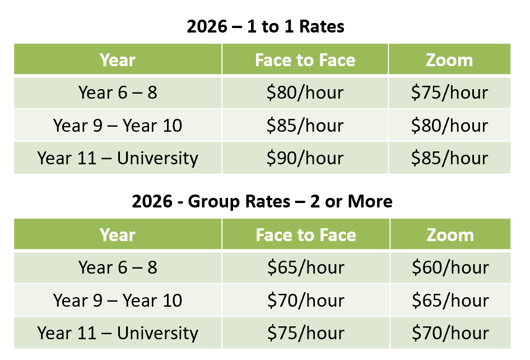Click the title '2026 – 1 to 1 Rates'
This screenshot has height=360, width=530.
(x=265, y=27)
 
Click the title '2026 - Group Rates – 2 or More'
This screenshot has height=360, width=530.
(x=262, y=202)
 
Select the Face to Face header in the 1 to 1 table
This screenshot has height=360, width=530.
(x=305, y=60)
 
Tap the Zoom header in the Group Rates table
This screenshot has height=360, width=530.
(x=450, y=235)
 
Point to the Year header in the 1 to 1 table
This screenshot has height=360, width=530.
(x=118, y=60)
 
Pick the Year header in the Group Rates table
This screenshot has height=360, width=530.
(x=118, y=235)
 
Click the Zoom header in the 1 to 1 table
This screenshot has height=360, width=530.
(x=449, y=60)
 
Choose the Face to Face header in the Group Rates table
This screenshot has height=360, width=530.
(x=306, y=235)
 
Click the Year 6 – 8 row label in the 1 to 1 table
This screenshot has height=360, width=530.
(x=118, y=93)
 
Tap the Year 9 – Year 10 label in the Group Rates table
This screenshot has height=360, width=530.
(x=118, y=301)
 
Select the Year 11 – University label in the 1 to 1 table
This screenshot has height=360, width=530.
(x=118, y=158)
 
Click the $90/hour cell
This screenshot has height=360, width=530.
(x=305, y=158)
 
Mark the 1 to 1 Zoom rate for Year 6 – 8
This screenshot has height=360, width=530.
(x=449, y=93)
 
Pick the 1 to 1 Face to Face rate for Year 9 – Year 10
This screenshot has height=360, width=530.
(x=305, y=126)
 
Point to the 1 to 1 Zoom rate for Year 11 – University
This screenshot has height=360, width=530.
(x=449, y=158)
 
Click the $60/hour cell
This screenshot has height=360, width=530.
(x=450, y=267)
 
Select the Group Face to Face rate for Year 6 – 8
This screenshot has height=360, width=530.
(x=306, y=267)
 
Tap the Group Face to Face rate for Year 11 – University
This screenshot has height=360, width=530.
(x=306, y=333)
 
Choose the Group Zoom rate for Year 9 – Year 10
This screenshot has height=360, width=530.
(x=450, y=301)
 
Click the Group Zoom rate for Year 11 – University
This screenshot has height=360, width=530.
(x=450, y=333)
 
